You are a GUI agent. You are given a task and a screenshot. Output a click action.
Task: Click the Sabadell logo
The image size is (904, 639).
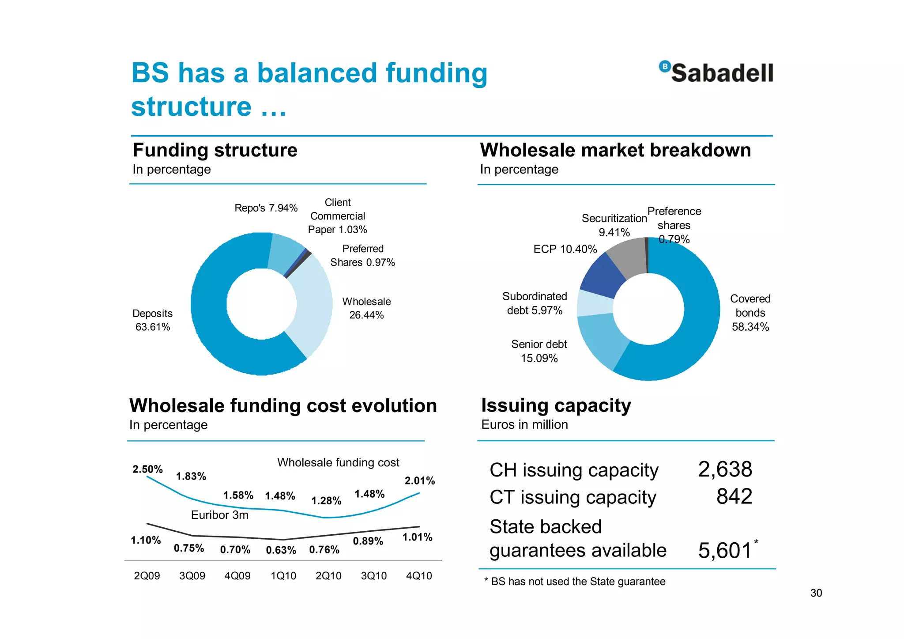(716, 72)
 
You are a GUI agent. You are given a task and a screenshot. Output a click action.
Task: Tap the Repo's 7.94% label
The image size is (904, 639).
(266, 208)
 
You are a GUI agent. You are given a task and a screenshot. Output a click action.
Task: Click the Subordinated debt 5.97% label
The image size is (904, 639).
(535, 303)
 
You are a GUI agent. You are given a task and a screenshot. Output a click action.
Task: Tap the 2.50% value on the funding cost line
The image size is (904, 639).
(147, 469)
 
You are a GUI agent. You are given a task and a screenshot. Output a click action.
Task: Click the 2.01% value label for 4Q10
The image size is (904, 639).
(419, 480)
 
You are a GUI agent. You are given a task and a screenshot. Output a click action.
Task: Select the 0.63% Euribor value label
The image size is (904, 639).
(281, 550)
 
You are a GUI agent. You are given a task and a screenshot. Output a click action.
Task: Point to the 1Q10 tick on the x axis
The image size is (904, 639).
(283, 576)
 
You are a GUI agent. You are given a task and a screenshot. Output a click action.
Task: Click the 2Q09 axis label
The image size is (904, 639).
(147, 576)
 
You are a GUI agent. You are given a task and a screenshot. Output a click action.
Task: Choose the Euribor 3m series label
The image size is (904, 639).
(219, 515)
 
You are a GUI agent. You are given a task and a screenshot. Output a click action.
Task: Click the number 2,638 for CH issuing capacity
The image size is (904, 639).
(725, 469)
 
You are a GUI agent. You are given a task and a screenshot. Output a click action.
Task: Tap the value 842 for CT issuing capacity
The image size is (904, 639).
(734, 497)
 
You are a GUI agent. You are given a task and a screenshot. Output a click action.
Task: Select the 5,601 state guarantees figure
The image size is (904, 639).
(725, 551)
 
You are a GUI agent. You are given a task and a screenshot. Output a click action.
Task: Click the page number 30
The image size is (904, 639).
(816, 593)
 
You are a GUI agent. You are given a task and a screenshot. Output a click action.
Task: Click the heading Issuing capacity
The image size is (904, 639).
(556, 405)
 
